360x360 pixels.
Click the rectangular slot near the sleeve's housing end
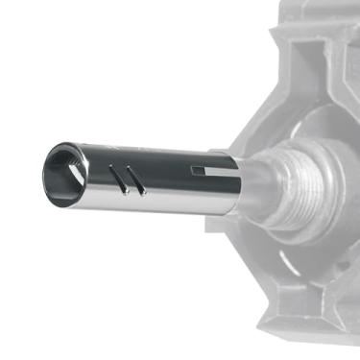tap(200, 171)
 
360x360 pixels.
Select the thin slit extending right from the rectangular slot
tap(220, 171)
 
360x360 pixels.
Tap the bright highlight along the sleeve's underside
tap(154, 204)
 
